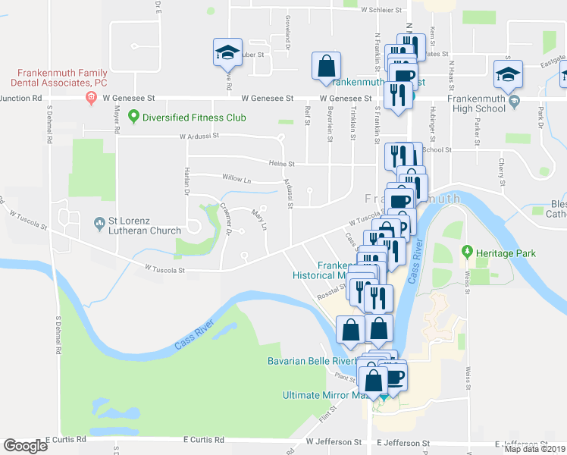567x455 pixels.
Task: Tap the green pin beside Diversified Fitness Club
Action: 135,117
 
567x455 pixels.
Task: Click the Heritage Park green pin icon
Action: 467,252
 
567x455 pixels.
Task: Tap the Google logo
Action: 26,445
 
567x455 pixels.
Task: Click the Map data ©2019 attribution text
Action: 535,448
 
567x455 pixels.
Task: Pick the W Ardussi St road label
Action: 199,136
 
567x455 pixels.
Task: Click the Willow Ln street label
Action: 237,179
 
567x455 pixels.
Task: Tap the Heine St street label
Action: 280,163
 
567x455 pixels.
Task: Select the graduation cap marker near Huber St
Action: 226,52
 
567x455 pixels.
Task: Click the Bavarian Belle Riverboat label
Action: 314,361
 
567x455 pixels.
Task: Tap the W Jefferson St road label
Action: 334,441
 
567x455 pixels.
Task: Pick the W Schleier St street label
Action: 383,11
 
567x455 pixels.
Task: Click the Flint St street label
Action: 327,413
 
